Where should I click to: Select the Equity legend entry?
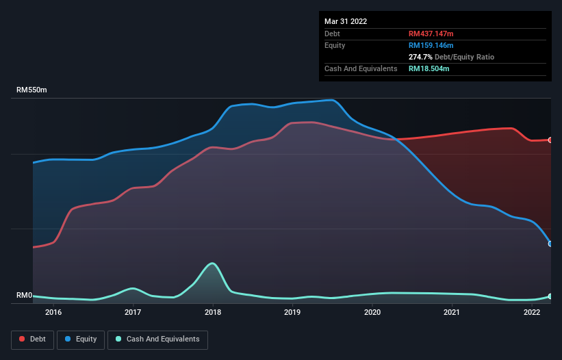81,339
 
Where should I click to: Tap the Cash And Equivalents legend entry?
157,339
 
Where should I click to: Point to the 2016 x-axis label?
53,313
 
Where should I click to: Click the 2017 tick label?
133,313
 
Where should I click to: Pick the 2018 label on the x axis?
213,313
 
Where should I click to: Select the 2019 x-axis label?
292,313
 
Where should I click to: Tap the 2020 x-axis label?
372,313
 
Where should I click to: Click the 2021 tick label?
452,313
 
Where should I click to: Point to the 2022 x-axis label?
532,313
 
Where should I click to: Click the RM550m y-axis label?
31,90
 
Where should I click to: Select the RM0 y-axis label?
25,296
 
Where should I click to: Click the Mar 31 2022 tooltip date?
346,21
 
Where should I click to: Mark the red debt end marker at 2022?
550,140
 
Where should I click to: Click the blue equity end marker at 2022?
550,244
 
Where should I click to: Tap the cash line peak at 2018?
213,263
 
